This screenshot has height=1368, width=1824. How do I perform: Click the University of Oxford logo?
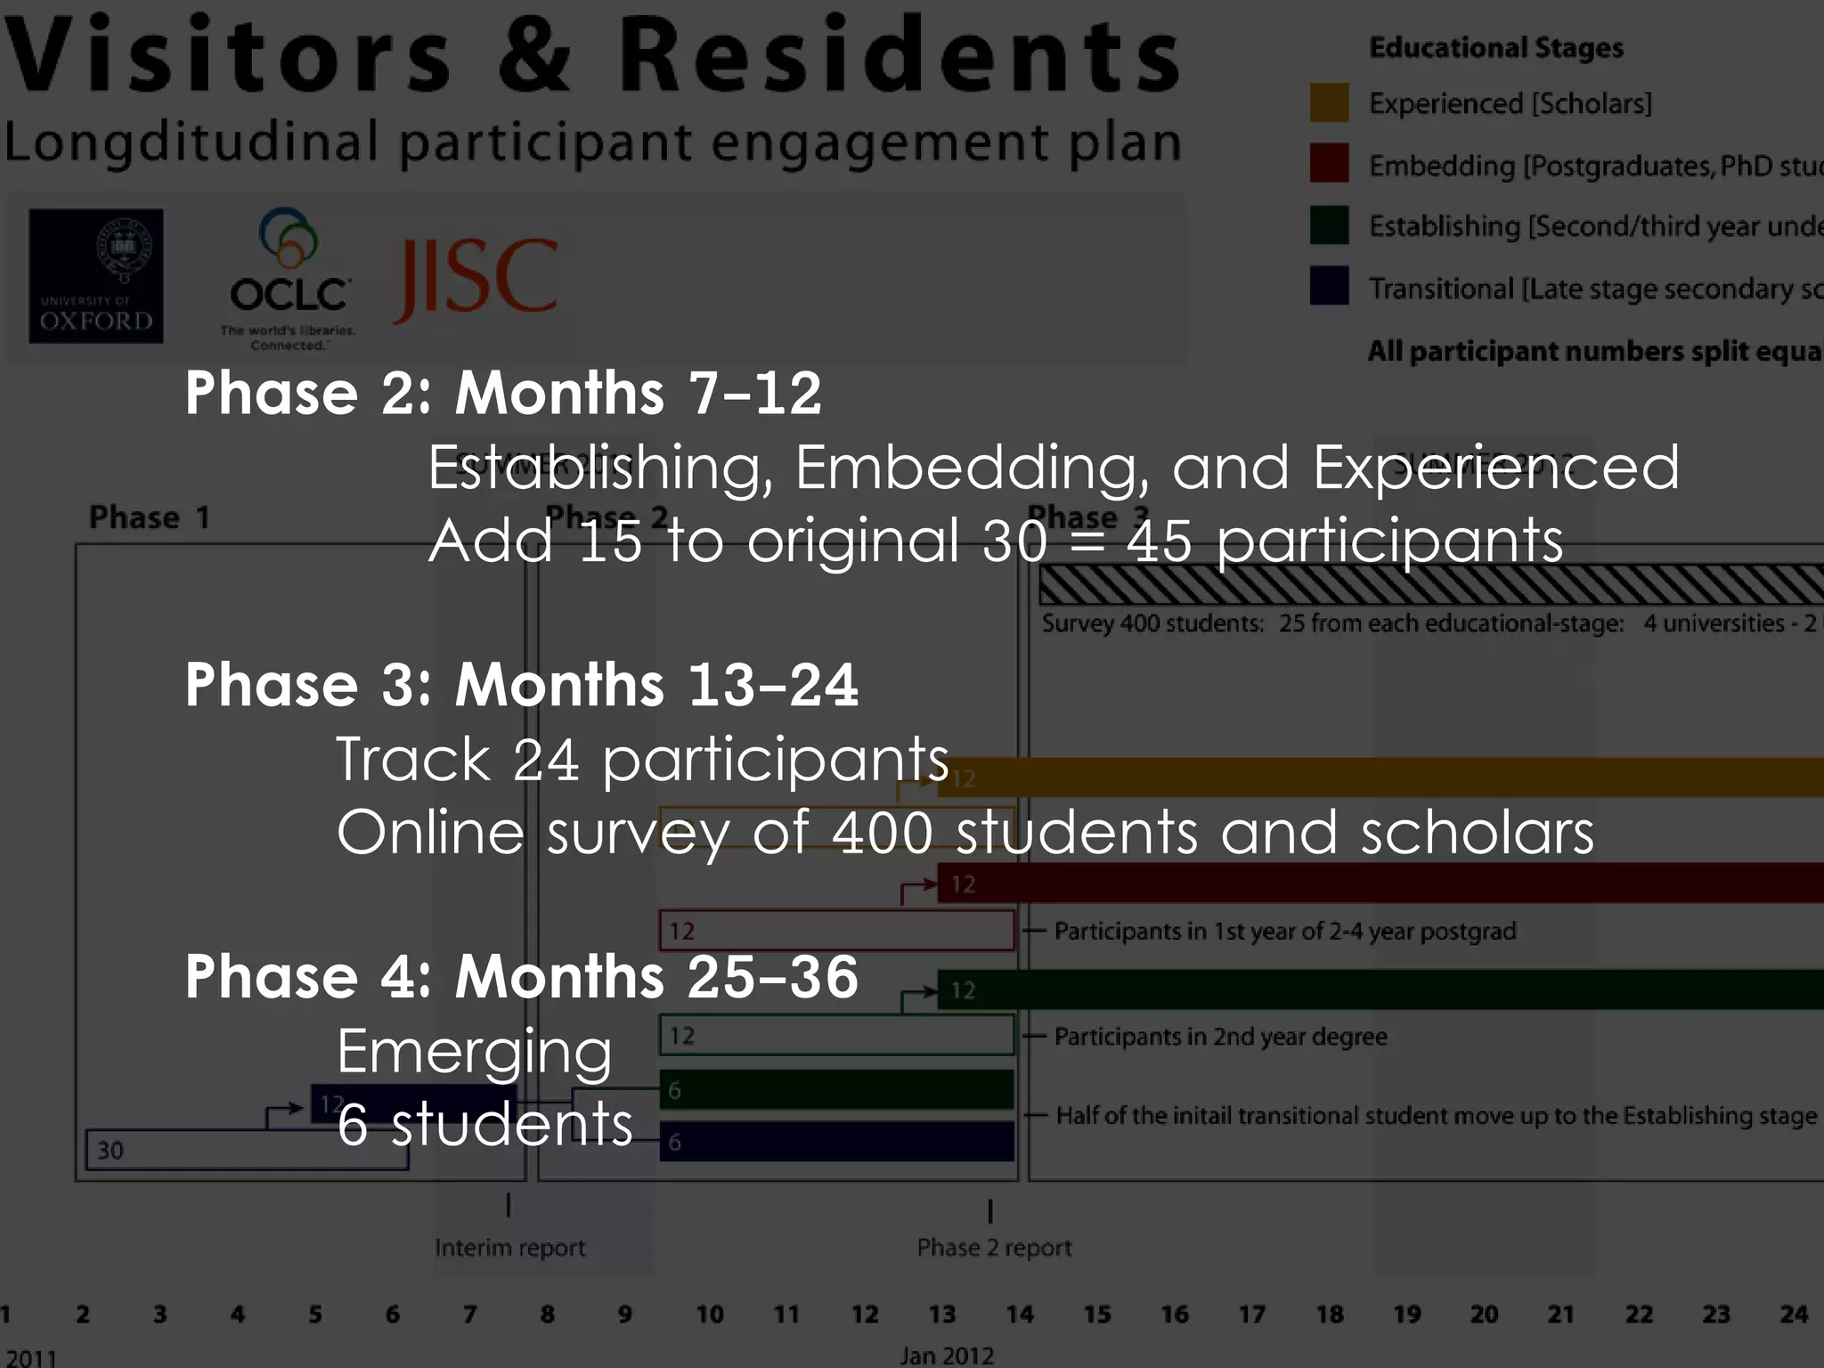96,276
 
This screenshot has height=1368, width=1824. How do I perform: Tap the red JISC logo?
476,278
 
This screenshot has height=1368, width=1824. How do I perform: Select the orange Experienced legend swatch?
1329,103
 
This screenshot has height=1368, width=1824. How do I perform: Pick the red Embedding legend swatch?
1329,164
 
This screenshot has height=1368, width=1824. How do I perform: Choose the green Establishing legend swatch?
1329,225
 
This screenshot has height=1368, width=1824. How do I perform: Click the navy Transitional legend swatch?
1329,287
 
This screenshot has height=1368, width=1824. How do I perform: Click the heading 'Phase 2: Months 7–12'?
503,393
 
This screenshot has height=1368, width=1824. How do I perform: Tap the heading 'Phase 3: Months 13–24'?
522,685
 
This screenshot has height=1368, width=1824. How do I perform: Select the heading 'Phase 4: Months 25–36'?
522,977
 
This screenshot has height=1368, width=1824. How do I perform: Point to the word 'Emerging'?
475,1051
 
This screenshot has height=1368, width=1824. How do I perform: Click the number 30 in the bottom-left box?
110,1151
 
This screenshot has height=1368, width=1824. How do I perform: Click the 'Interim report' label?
509,1248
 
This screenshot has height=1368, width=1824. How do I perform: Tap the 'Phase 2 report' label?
994,1248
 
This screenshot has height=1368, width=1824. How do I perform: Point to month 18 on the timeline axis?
1330,1315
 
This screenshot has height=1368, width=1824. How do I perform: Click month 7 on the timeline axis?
469,1315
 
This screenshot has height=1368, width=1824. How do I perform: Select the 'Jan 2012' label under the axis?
946,1356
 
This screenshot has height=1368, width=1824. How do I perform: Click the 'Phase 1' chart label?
150,517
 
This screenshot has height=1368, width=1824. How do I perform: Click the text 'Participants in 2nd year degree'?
1220,1037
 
